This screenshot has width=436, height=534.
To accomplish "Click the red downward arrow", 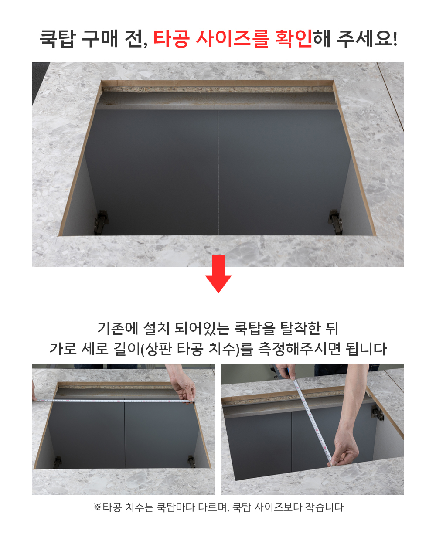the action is click(x=218, y=274).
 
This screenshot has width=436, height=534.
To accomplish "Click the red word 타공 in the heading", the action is click(x=171, y=39).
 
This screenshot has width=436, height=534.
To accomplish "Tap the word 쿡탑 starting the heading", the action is click(x=58, y=39).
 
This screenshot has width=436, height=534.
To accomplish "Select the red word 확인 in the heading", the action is click(x=294, y=39).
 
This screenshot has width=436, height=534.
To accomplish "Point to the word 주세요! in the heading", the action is click(x=367, y=39).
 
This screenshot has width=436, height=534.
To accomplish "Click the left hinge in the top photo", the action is click(x=101, y=222).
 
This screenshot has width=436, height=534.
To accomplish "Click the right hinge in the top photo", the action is click(x=336, y=221).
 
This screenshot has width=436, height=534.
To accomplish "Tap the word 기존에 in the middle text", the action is click(x=118, y=328).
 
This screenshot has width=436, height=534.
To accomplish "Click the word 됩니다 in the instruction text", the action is click(x=366, y=349).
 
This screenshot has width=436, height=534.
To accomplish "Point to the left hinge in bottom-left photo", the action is click(x=58, y=463).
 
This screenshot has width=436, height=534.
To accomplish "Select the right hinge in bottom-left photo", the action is click(x=191, y=461).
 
